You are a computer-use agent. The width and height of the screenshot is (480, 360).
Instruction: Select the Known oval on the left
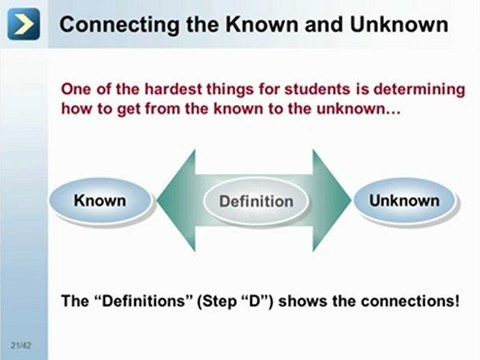click(x=100, y=201)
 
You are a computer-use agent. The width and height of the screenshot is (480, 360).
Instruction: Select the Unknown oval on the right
click(x=404, y=201)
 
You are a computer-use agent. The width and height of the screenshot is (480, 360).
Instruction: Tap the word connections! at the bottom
click(x=405, y=300)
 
